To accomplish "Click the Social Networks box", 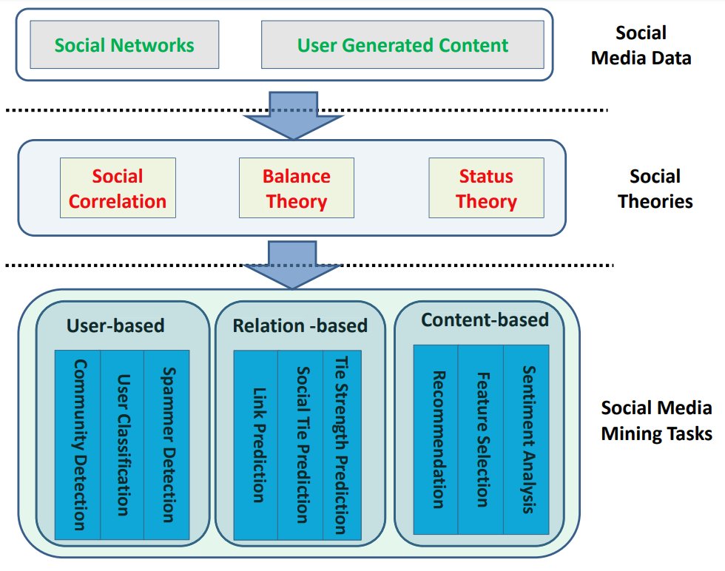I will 124,45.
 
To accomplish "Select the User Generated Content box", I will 402,45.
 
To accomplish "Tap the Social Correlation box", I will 118,188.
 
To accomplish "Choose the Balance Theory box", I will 296,188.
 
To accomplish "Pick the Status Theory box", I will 486,188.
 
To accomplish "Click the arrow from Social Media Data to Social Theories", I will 294,115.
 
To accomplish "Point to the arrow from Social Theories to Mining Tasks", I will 294,263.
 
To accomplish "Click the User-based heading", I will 115,325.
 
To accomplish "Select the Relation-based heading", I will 300,325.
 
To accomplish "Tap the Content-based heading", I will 485,320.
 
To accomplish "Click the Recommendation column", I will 436,439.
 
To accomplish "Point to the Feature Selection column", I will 481,439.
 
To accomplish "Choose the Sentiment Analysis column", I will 526,439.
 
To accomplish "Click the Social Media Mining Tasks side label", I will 655,420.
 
